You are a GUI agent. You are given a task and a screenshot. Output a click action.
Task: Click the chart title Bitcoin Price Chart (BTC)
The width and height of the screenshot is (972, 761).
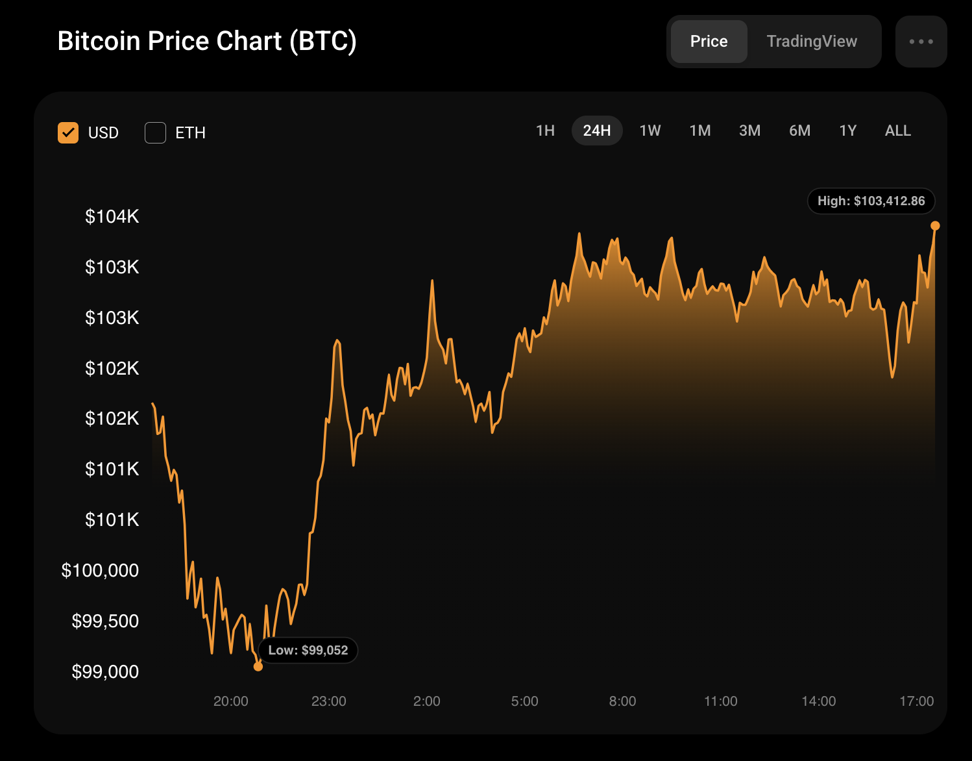coord(207,41)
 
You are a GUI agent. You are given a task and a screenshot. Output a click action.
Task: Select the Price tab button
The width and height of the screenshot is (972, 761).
coord(709,42)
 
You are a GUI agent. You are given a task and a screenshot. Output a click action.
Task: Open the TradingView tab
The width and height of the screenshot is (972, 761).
coord(812,42)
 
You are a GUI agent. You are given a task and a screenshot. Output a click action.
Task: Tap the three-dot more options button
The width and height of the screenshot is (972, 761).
coord(921,42)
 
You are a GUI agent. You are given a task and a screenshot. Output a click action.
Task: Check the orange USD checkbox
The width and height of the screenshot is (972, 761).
coord(68,132)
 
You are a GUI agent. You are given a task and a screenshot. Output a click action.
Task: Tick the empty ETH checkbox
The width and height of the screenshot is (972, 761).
coord(155,132)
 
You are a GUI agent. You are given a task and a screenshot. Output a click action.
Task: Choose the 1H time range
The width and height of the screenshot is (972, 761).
coord(545,131)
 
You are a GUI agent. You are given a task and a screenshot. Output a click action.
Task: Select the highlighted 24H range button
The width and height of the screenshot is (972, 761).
coord(596,131)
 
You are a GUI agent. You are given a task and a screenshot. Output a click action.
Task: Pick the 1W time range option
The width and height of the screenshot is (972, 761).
coord(650,131)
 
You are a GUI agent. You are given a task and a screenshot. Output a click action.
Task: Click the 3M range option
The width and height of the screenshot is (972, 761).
coord(749,131)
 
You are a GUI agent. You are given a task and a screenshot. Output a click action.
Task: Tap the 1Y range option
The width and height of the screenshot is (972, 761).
coord(847,131)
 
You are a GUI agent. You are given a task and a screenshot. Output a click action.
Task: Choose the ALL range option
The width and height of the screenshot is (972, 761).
coord(897,131)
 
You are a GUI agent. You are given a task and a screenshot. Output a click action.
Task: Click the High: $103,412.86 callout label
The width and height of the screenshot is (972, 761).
coord(871,201)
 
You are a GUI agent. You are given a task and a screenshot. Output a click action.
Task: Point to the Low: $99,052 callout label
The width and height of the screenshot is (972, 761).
coord(308,650)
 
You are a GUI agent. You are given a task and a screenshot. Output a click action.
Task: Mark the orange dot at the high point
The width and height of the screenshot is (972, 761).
coord(935,226)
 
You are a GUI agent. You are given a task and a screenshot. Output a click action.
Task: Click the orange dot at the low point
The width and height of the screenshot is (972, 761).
coord(258,666)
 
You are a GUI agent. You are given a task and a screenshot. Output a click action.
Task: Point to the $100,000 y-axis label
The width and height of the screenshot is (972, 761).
coord(100,570)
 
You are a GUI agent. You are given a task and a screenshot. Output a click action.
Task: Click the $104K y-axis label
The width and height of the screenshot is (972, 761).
coord(112,216)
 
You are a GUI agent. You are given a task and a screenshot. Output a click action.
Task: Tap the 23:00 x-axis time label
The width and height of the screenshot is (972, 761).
coord(328,701)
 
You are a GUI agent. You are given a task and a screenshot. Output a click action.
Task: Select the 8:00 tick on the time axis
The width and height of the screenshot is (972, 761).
coord(622,701)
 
